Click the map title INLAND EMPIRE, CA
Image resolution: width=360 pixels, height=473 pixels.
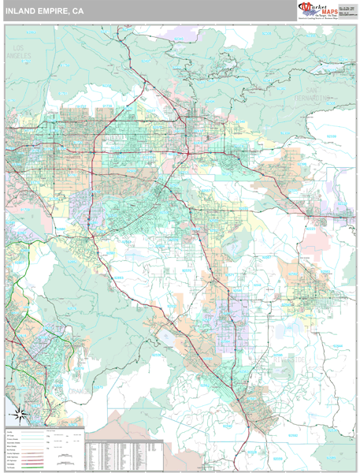tap(44, 12)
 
